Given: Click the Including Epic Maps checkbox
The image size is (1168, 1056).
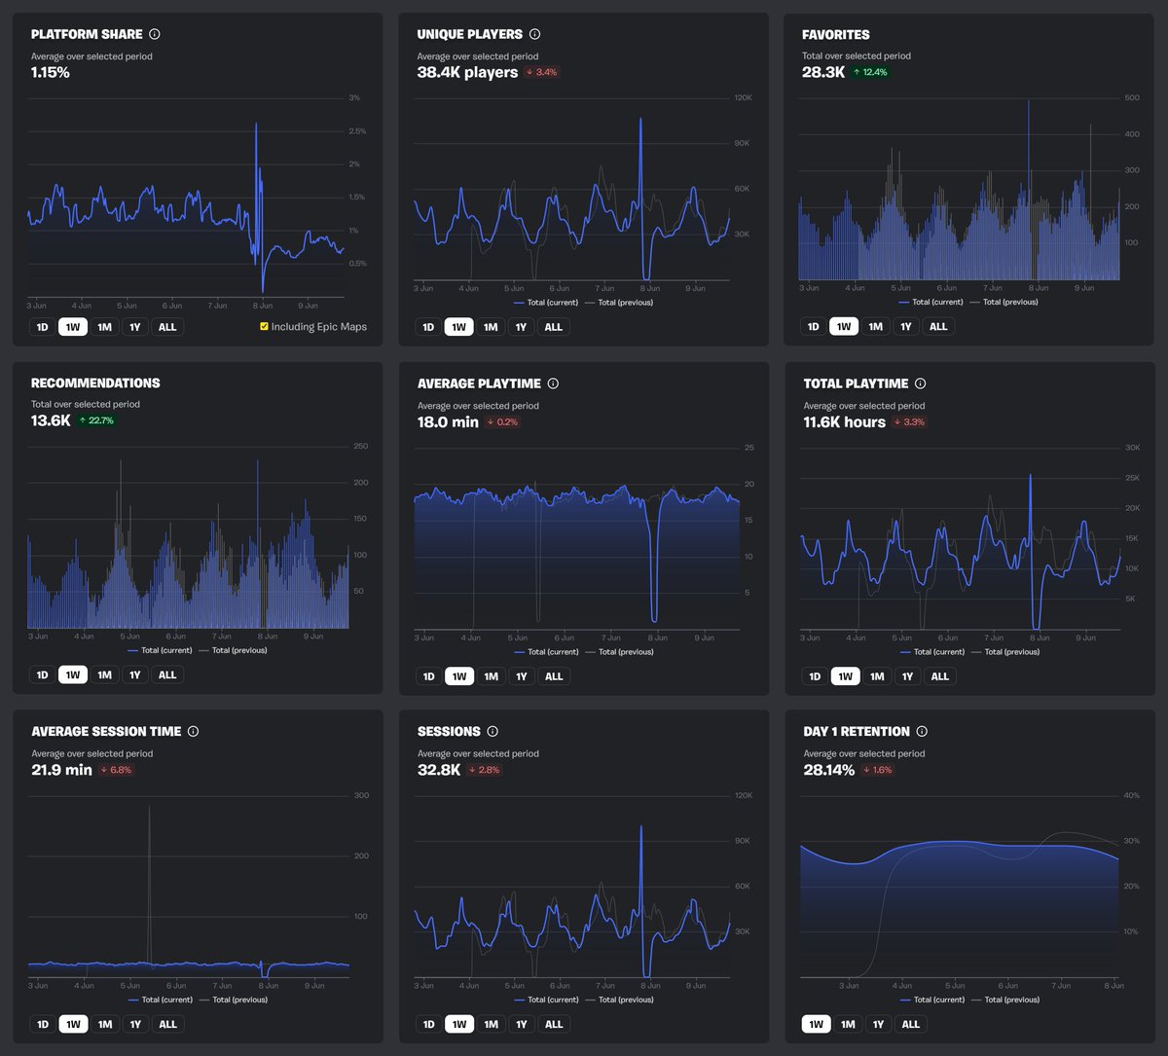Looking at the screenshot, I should click(264, 327).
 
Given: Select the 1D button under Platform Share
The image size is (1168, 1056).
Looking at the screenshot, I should click(42, 327).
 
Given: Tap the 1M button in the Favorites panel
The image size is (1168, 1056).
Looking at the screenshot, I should click(875, 327).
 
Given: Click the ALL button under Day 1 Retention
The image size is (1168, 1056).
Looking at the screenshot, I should click(910, 1024).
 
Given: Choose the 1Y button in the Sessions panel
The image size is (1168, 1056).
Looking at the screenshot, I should click(521, 1024).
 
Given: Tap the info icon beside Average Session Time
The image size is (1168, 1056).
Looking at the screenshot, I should click(193, 731).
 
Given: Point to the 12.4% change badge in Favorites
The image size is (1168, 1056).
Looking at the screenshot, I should click(870, 72).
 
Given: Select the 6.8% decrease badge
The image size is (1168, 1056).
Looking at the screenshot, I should click(116, 770).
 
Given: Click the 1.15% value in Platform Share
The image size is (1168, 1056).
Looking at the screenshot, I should click(51, 72).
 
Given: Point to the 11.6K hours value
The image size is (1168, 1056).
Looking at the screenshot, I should click(844, 421).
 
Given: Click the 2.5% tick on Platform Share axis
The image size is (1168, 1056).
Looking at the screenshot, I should click(357, 131).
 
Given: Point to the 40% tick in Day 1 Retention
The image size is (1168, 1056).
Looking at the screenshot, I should click(1131, 796).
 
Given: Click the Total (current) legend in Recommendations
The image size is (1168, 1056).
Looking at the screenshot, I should click(158, 650).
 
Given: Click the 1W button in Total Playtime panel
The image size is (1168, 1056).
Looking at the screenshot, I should click(845, 676).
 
